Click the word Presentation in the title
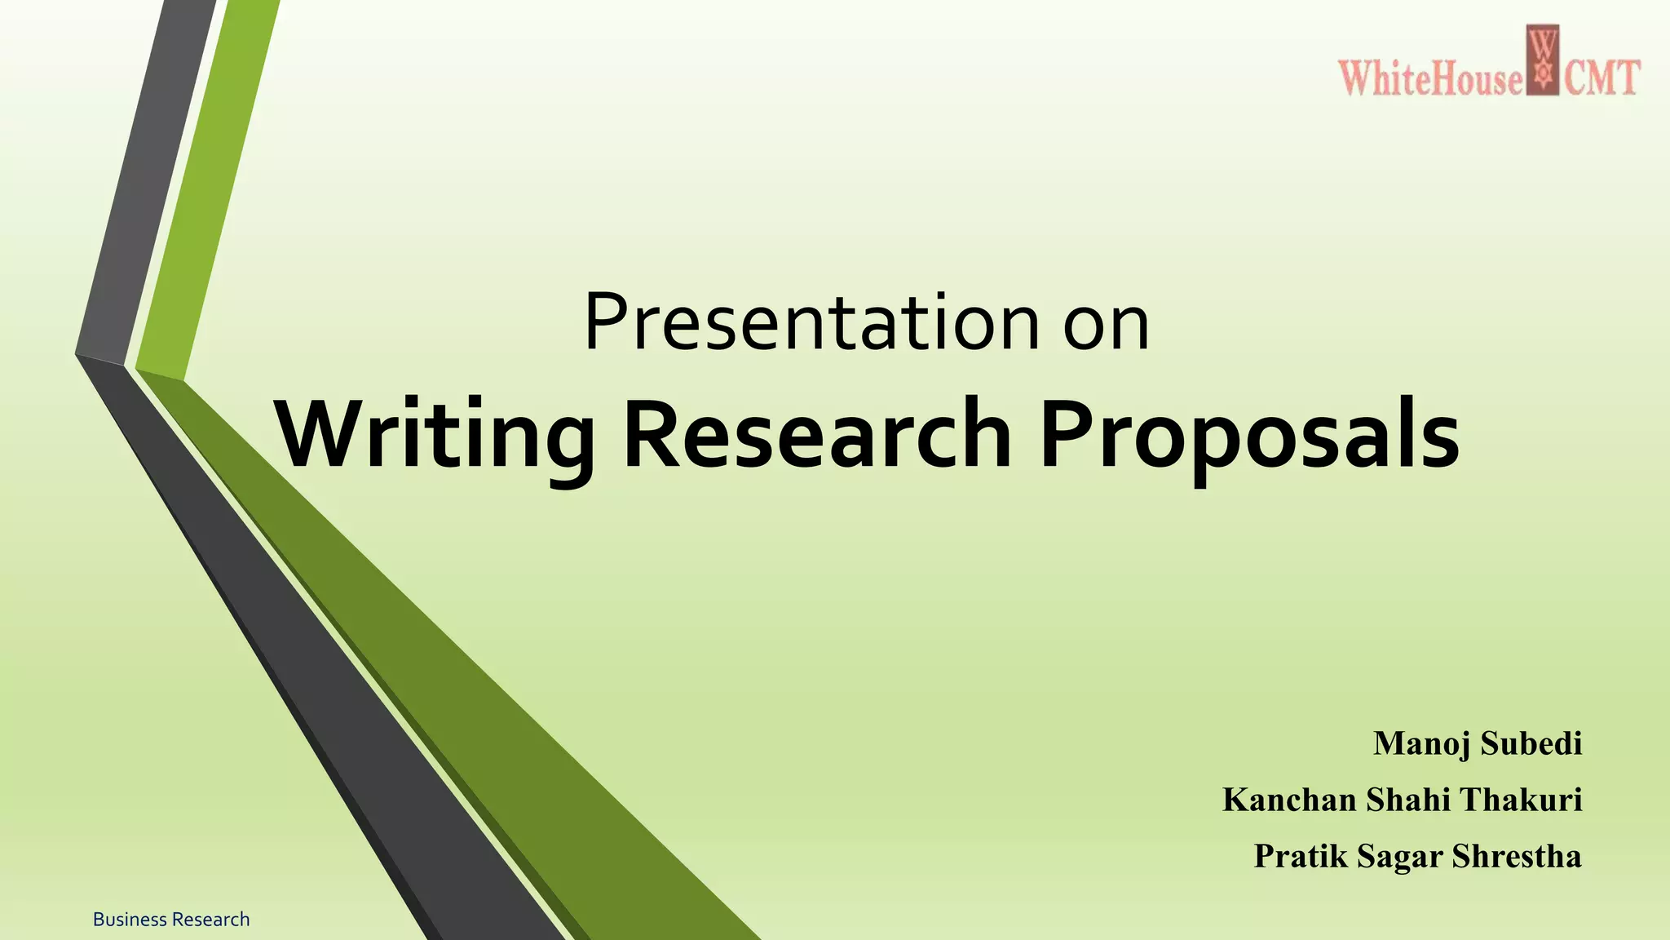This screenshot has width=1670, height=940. coord(811,323)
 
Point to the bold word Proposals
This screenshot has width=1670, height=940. coord(1249,435)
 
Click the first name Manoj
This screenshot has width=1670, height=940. coord(1421,743)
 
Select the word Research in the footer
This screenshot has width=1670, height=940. coord(211,920)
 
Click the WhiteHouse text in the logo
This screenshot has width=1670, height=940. coord(1429,80)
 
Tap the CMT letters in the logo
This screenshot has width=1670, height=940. coord(1601,79)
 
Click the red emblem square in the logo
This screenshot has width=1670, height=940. coord(1543,60)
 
